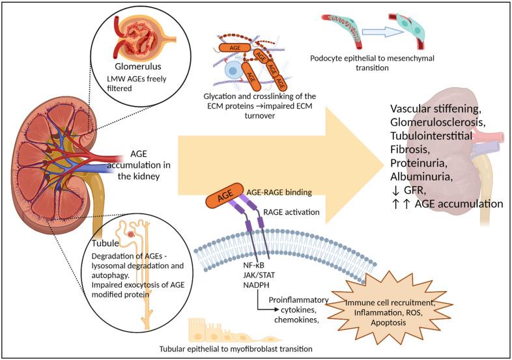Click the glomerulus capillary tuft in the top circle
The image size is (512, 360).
click(x=135, y=36)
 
